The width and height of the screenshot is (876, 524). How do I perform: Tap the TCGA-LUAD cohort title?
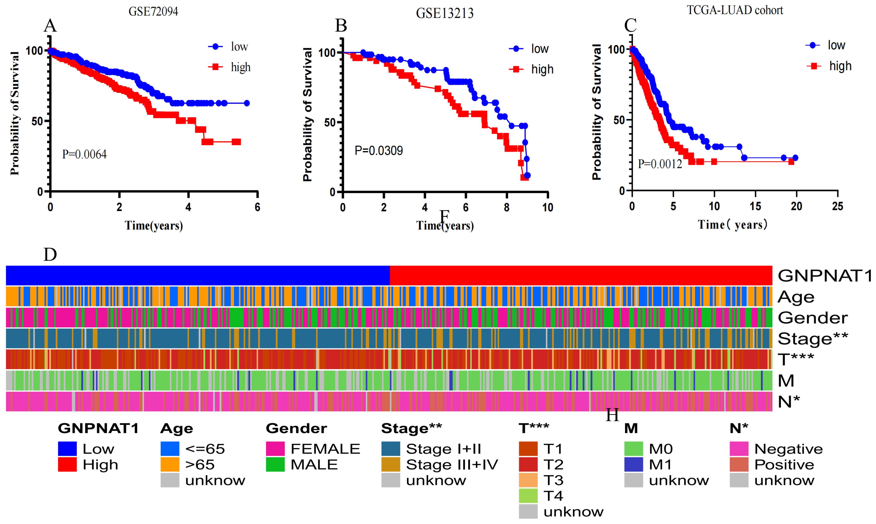735,10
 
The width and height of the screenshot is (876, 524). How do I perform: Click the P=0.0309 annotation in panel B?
379,151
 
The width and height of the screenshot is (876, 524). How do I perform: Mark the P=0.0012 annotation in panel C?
660,164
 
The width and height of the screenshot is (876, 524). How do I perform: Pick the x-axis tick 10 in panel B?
547,207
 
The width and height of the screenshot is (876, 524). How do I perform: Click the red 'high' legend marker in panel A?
215,67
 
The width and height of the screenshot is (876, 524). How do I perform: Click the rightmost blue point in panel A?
247,103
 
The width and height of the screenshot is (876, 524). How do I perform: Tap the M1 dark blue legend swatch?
633,464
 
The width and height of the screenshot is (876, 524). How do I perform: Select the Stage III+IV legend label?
452,464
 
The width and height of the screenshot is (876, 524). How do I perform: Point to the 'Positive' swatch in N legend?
739,464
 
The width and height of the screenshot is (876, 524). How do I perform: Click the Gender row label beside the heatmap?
812,317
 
